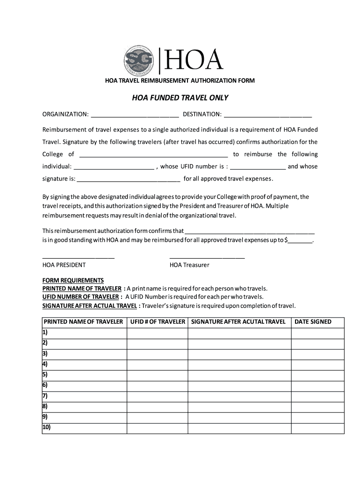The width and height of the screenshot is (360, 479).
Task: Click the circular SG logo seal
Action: click(139, 61)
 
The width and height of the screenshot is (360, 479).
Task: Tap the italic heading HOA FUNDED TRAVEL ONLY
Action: click(180, 98)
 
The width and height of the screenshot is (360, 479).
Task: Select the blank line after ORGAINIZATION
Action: click(135, 115)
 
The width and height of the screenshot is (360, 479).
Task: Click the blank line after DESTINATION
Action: click(268, 115)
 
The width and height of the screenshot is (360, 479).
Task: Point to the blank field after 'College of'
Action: click(154, 155)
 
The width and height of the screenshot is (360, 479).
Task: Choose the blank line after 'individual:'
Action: click(114, 167)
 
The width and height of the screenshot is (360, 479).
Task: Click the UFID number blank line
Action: click(258, 167)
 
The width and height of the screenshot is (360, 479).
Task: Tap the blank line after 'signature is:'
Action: click(129, 180)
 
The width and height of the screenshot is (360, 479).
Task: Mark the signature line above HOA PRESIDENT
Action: click(78, 257)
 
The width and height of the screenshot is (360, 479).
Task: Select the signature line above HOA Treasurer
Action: click(207, 257)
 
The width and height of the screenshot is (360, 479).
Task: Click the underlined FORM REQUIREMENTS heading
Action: click(73, 280)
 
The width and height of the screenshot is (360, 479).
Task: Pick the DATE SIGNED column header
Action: click(313, 322)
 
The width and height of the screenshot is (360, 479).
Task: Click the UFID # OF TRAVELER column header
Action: click(158, 322)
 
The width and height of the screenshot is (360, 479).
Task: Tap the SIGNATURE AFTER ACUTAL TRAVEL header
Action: click(238, 322)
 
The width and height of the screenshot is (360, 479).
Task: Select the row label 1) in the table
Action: click(45, 333)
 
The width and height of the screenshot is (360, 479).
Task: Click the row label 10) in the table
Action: click(47, 428)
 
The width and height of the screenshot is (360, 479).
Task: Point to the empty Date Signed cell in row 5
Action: click(317, 375)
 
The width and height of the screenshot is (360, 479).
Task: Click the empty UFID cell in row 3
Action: click(158, 354)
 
